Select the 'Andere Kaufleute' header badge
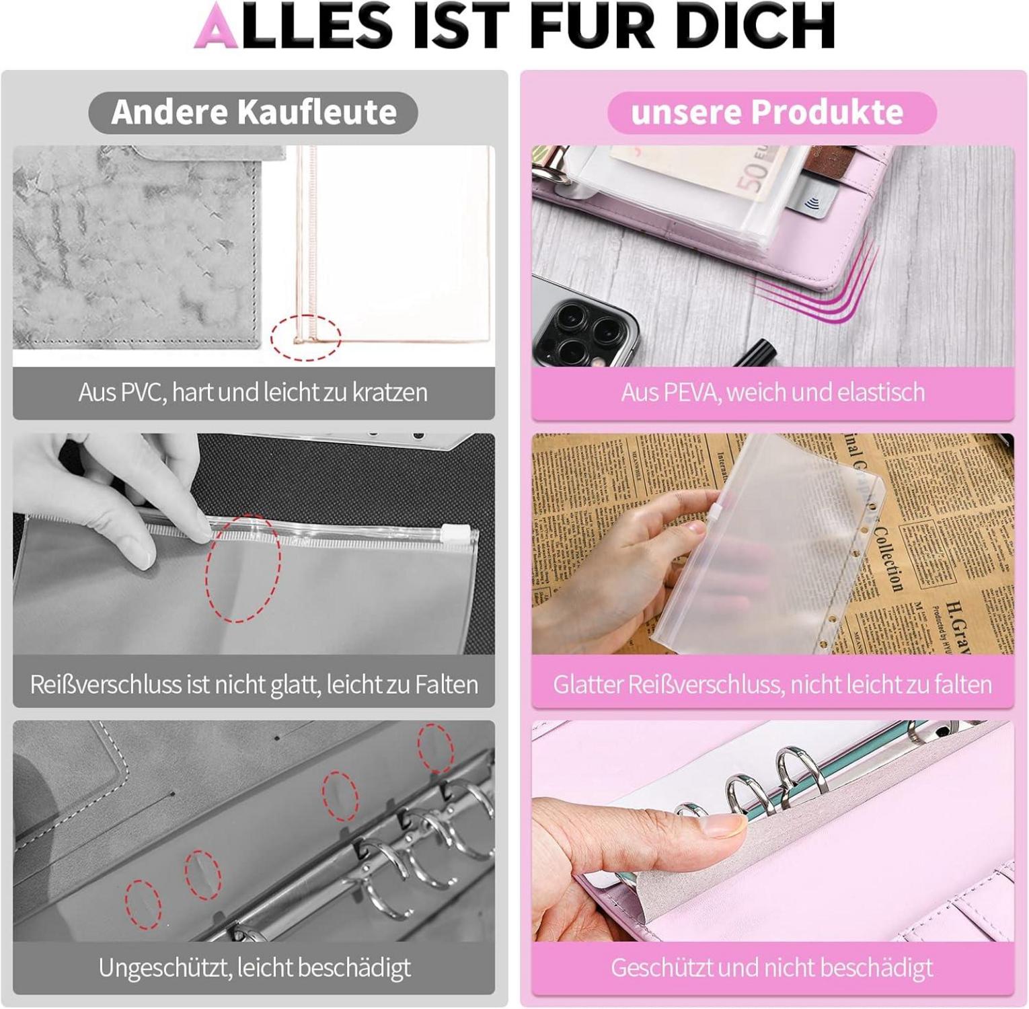tap(253, 112)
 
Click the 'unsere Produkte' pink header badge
tap(772, 112)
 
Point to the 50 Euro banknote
tap(699, 172)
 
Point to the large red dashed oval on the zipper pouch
tap(243, 568)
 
